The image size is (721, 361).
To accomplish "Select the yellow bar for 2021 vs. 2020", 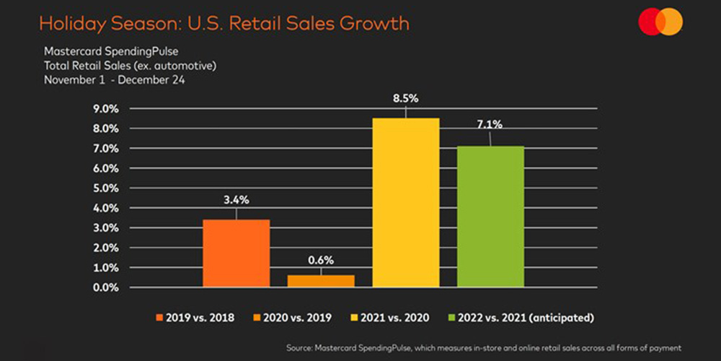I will tap(406, 202).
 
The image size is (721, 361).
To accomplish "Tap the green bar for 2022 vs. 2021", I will tap(490, 217).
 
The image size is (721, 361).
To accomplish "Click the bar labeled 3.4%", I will tap(236, 253).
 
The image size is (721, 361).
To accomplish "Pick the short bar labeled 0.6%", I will tap(321, 281).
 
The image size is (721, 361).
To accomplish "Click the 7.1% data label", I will tap(490, 124).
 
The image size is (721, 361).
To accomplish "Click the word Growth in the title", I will tap(373, 24).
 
